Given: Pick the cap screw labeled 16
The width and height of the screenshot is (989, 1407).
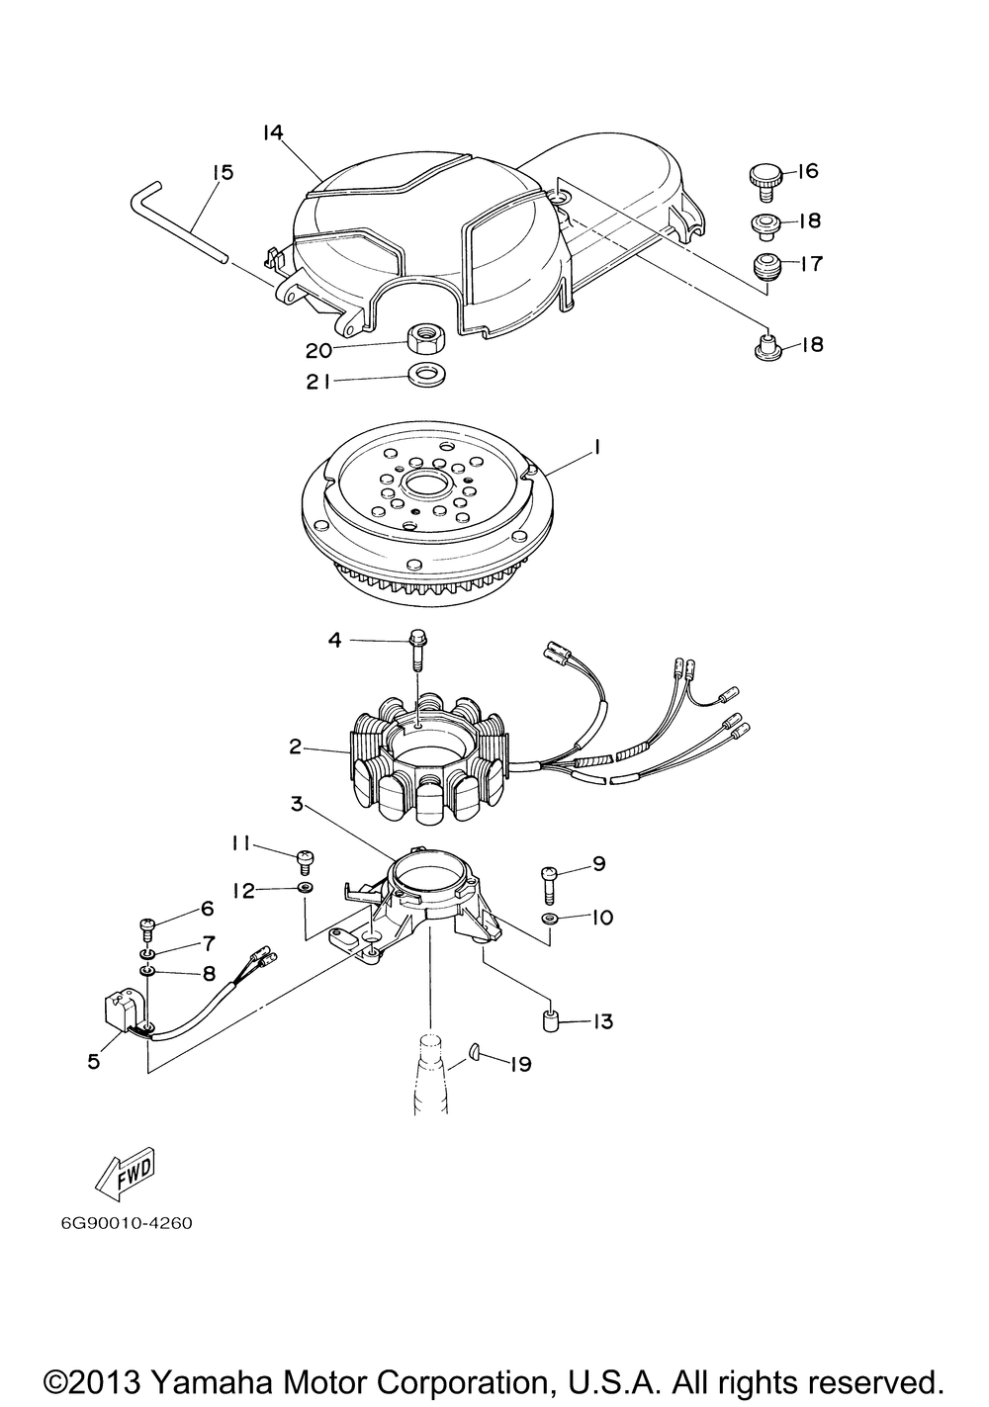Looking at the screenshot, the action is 765,182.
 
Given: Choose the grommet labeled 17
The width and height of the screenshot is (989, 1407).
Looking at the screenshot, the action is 765,268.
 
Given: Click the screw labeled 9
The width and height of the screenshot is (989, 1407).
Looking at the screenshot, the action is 549,883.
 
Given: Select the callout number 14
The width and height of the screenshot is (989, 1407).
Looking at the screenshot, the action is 273,133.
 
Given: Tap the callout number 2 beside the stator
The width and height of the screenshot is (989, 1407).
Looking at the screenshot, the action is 295,747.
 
